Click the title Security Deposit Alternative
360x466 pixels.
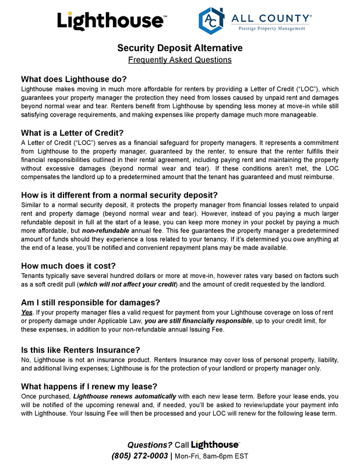point(180,48)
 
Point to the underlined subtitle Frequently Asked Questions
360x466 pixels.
point(180,59)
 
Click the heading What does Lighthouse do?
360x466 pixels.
point(73,79)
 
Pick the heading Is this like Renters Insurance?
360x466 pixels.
point(80,350)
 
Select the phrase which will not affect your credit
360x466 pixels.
point(128,285)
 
